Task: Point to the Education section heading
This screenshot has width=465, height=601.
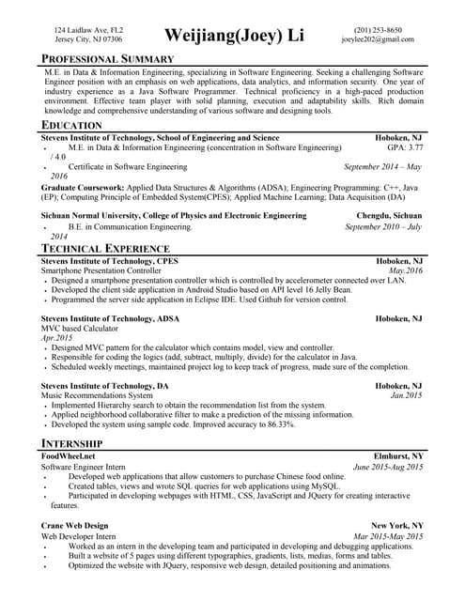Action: tap(72, 125)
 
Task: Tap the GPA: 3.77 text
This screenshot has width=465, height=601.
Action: tap(405, 147)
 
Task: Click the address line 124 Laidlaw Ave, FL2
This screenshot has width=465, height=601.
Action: tap(87, 30)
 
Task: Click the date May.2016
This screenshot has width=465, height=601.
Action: tap(406, 270)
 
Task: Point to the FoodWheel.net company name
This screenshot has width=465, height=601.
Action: tap(69, 455)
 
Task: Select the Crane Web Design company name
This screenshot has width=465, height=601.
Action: tap(75, 525)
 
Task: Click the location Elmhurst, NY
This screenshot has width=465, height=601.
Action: tap(398, 455)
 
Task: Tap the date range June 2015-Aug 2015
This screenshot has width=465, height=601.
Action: tap(388, 467)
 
